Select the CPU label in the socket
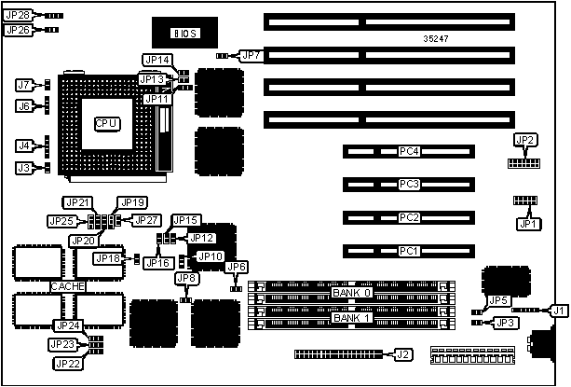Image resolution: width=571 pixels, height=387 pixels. (106, 123)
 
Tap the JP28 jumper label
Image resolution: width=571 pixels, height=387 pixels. (18, 16)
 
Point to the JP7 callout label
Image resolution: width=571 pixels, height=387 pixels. (252, 56)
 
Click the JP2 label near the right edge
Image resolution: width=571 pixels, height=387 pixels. (525, 141)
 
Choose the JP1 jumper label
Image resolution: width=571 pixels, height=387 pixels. (528, 224)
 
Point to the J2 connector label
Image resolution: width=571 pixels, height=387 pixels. (401, 354)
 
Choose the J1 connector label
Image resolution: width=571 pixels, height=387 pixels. (558, 310)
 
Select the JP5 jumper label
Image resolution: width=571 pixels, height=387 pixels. (498, 300)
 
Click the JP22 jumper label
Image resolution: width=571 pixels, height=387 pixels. (66, 363)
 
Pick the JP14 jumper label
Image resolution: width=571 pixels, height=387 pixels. (156, 60)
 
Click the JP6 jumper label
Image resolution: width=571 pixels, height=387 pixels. (237, 268)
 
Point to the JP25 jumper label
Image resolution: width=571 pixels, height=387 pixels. (61, 221)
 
